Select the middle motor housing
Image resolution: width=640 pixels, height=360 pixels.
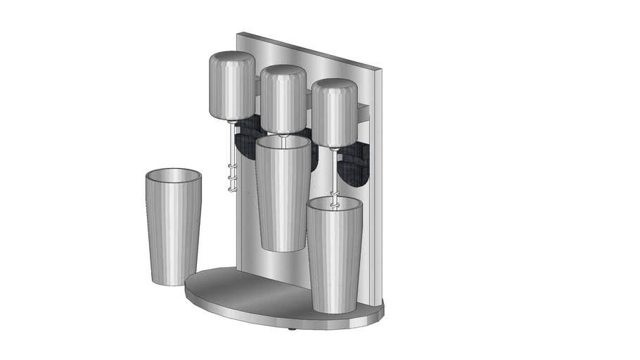[283, 98]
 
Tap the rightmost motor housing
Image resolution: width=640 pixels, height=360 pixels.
[333, 112]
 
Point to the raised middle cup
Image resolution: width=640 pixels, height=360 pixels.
[282, 193]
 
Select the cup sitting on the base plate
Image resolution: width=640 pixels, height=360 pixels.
[333, 253]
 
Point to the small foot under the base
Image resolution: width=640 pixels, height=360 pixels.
[293, 328]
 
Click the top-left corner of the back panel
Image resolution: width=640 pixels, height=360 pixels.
[239, 33]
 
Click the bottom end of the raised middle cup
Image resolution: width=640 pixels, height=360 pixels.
[281, 248]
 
